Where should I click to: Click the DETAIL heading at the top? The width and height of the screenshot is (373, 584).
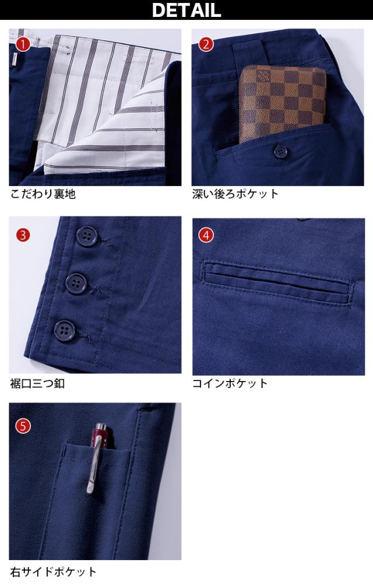[186, 10]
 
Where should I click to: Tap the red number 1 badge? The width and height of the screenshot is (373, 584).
[23, 45]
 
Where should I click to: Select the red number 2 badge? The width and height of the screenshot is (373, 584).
[206, 45]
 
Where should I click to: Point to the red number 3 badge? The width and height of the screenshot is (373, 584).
[23, 235]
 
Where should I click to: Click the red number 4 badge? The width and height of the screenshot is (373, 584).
[206, 235]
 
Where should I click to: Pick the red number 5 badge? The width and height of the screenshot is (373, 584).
[23, 426]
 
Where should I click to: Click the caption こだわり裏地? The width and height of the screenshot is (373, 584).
[43, 194]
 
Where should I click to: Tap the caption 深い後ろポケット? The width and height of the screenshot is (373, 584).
[235, 194]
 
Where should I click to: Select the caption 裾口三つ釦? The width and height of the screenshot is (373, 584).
[37, 384]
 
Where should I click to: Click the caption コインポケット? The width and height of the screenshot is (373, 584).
[230, 384]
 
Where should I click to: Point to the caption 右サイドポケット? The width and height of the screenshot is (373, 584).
[54, 572]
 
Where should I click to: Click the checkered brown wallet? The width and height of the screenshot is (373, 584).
[282, 103]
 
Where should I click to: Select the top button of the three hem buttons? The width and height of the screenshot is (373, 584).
[87, 237]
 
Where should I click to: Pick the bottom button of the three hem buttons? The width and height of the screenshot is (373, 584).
[64, 330]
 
